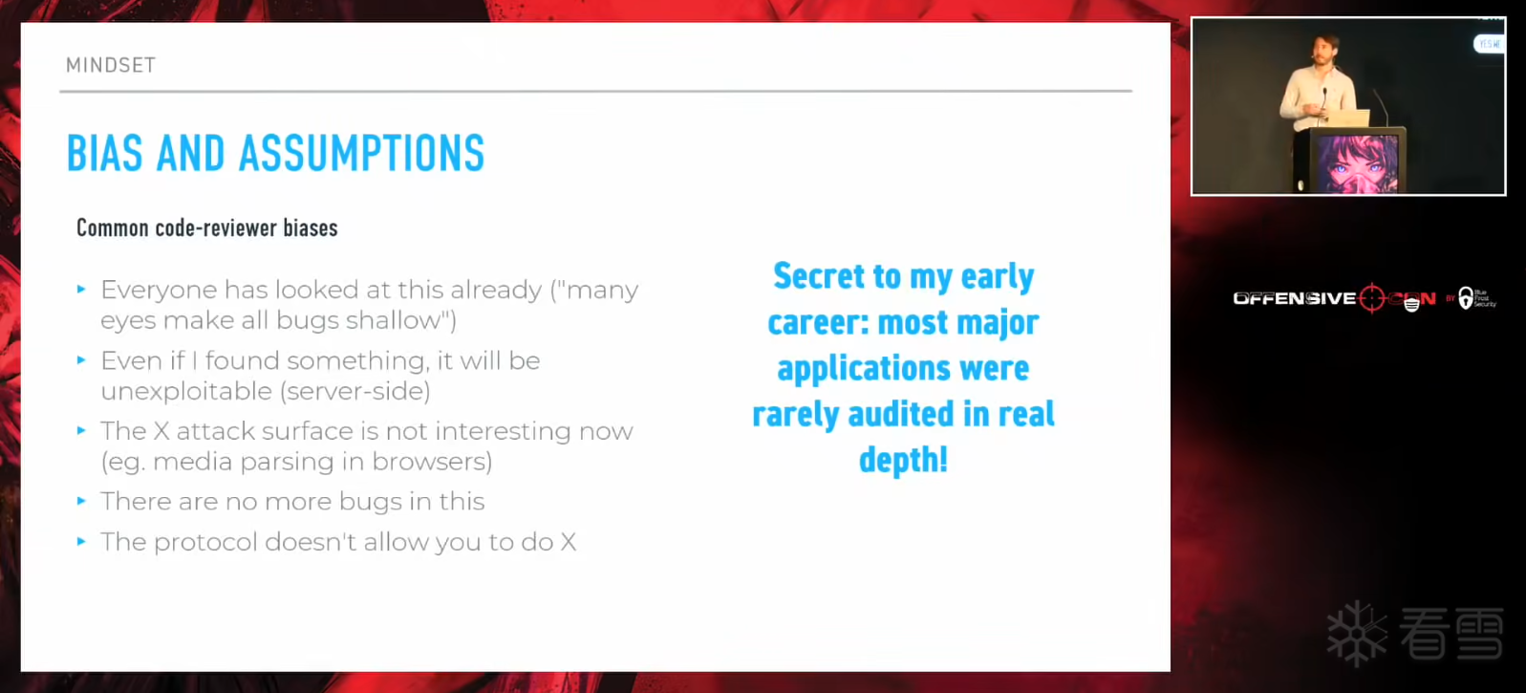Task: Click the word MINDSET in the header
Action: pyautogui.click(x=111, y=65)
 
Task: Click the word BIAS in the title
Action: pyautogui.click(x=105, y=153)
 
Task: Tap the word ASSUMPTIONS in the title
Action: pyautogui.click(x=362, y=153)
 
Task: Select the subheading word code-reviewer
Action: pyautogui.click(x=216, y=228)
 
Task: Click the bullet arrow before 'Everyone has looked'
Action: pyautogui.click(x=82, y=290)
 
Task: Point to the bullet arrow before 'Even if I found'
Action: pyautogui.click(x=82, y=359)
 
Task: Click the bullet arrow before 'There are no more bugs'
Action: pyautogui.click(x=82, y=501)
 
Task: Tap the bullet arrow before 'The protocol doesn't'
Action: pyautogui.click(x=82, y=542)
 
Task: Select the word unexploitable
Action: pyautogui.click(x=186, y=391)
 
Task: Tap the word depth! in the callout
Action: pyautogui.click(x=903, y=460)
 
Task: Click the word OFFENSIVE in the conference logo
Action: pyautogui.click(x=1294, y=298)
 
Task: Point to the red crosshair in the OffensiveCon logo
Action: pyautogui.click(x=1371, y=298)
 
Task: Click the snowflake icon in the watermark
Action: pyautogui.click(x=1357, y=633)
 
